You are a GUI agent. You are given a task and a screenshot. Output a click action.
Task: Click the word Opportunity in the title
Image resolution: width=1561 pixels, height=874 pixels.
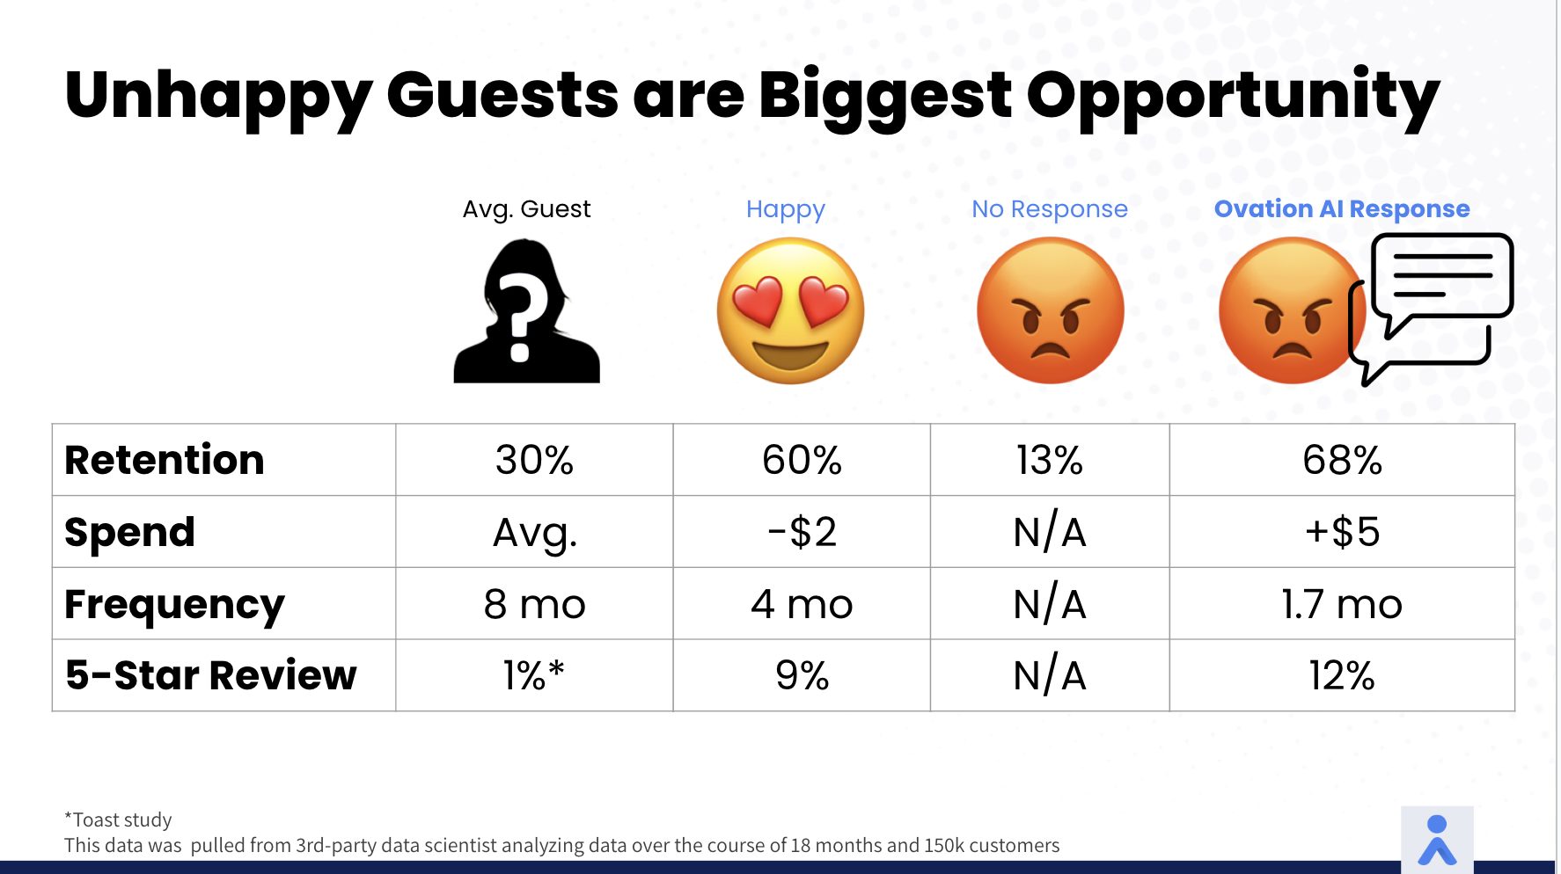click(x=1233, y=97)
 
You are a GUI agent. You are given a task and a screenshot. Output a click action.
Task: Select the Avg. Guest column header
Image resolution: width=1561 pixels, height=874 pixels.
click(x=526, y=209)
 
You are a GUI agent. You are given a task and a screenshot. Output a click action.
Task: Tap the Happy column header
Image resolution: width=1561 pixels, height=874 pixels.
click(x=786, y=209)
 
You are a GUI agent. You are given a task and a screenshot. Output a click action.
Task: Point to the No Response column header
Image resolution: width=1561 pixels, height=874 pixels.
click(x=1049, y=209)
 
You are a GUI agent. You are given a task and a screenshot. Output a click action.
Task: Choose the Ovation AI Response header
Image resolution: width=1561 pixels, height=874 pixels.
click(x=1342, y=209)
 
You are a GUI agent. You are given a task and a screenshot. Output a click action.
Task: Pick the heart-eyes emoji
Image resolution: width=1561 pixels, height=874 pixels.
click(x=790, y=310)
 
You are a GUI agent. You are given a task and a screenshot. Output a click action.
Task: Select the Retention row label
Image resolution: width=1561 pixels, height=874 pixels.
click(x=165, y=460)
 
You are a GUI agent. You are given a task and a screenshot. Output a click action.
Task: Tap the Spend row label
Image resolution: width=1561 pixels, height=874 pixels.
click(x=130, y=533)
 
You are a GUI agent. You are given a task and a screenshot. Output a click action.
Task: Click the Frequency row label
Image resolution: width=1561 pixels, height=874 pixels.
click(x=175, y=605)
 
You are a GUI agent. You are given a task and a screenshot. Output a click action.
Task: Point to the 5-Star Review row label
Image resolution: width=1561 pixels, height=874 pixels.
click(x=211, y=675)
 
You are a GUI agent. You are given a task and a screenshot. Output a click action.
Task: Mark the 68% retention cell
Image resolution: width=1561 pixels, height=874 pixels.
click(x=1342, y=460)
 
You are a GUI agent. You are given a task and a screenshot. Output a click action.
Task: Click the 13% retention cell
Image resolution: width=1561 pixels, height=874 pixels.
click(x=1049, y=460)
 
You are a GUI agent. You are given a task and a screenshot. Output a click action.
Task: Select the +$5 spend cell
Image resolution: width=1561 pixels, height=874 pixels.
click(x=1342, y=532)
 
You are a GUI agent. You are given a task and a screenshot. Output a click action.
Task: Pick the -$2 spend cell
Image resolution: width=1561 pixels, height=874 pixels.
click(x=802, y=532)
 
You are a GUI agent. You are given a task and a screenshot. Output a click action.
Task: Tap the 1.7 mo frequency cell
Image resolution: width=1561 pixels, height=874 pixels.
click(x=1342, y=604)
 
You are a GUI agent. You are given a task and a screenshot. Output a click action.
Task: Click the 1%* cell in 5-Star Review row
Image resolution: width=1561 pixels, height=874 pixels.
click(x=534, y=675)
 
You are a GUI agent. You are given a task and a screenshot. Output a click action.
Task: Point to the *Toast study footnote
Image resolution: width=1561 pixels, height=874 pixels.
click(x=118, y=819)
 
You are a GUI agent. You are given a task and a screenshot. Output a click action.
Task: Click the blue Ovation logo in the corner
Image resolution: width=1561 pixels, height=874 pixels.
click(x=1437, y=840)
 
